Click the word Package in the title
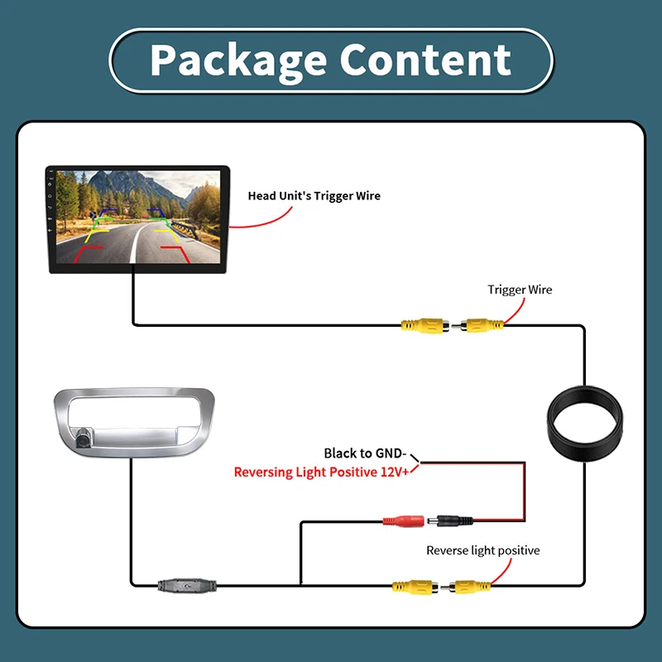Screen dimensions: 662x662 (238, 61)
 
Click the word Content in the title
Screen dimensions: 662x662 (425, 60)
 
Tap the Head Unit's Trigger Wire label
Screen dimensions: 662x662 (314, 196)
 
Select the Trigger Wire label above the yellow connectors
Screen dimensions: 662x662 (520, 290)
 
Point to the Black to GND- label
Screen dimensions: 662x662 (365, 453)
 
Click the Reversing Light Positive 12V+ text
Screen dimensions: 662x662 (321, 472)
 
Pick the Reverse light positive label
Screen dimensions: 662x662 (483, 550)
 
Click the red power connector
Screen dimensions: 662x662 (403, 521)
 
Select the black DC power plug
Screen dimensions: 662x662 (450, 521)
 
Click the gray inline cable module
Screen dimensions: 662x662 (187, 586)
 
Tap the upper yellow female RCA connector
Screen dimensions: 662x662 (425, 325)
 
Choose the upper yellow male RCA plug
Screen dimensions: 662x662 (478, 325)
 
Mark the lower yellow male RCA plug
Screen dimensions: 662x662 (466, 587)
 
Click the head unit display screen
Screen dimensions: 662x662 (138, 217)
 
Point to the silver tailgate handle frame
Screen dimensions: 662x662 (134, 423)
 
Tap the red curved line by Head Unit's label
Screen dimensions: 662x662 (265, 223)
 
